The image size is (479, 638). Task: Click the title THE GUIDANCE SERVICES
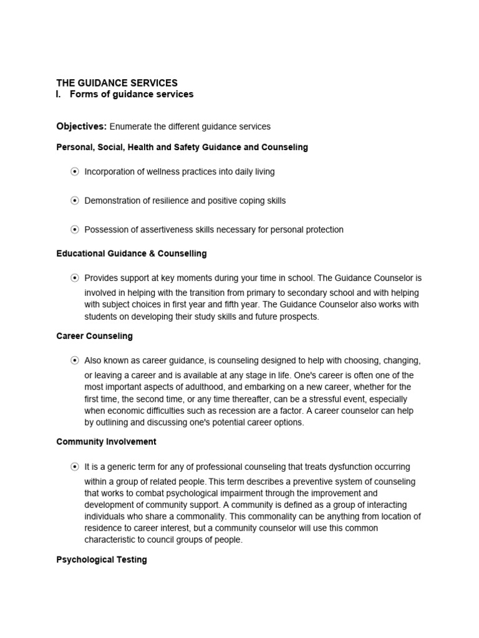coord(117,83)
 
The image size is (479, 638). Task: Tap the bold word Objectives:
coord(82,126)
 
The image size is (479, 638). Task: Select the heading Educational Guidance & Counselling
coord(132,254)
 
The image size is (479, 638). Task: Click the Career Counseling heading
coord(94,336)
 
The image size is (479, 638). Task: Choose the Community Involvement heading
coord(106,442)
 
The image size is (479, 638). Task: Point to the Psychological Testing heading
coord(102,560)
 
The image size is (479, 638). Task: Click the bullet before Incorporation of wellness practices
coord(75,171)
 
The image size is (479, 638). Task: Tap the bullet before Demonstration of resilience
coord(75,201)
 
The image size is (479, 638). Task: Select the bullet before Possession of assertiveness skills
coord(75,230)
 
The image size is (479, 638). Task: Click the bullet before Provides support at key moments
coord(75,278)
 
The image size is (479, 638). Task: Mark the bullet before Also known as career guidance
coord(75,361)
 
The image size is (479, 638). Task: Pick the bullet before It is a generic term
coord(75,467)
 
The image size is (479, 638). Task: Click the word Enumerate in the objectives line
coord(130,126)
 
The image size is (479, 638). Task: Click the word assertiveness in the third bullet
coord(159,230)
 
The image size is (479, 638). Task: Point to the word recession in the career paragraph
coord(249,411)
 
